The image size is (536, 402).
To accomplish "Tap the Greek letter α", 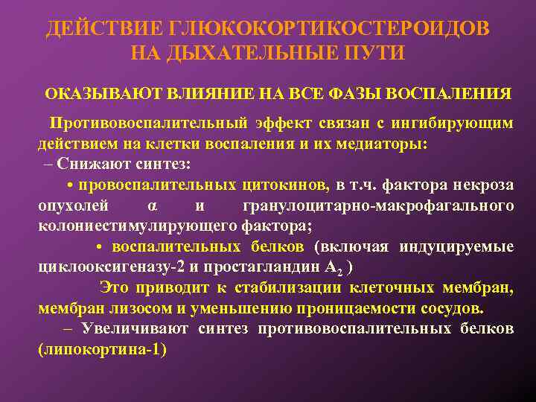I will (152, 205).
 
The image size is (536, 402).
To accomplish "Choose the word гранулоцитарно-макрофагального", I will (378, 205).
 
